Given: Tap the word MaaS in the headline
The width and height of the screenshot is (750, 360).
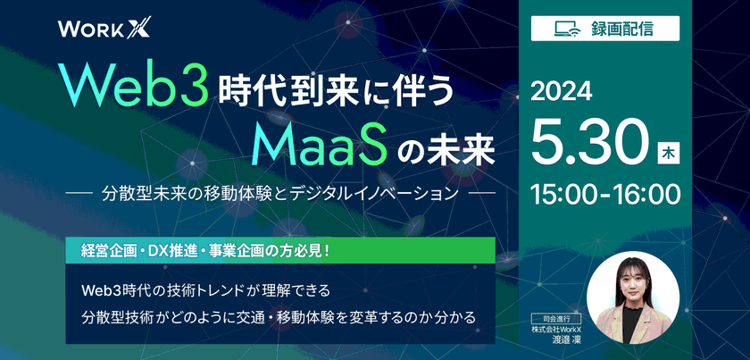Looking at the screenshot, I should point(316,143).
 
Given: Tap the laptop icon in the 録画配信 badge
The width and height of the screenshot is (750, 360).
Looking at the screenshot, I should point(566,28).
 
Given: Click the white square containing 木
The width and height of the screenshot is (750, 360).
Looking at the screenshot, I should point(668,153).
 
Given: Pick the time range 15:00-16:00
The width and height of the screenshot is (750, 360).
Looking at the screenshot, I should point(604,192).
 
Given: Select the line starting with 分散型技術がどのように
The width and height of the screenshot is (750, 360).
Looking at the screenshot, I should point(277,316).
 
